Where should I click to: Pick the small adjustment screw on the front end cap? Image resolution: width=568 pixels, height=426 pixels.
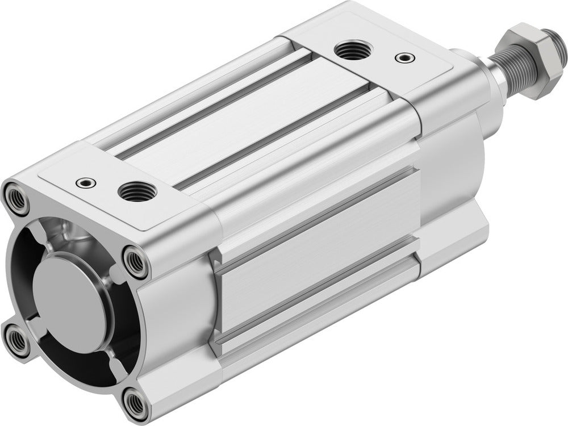click(x=403, y=57)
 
